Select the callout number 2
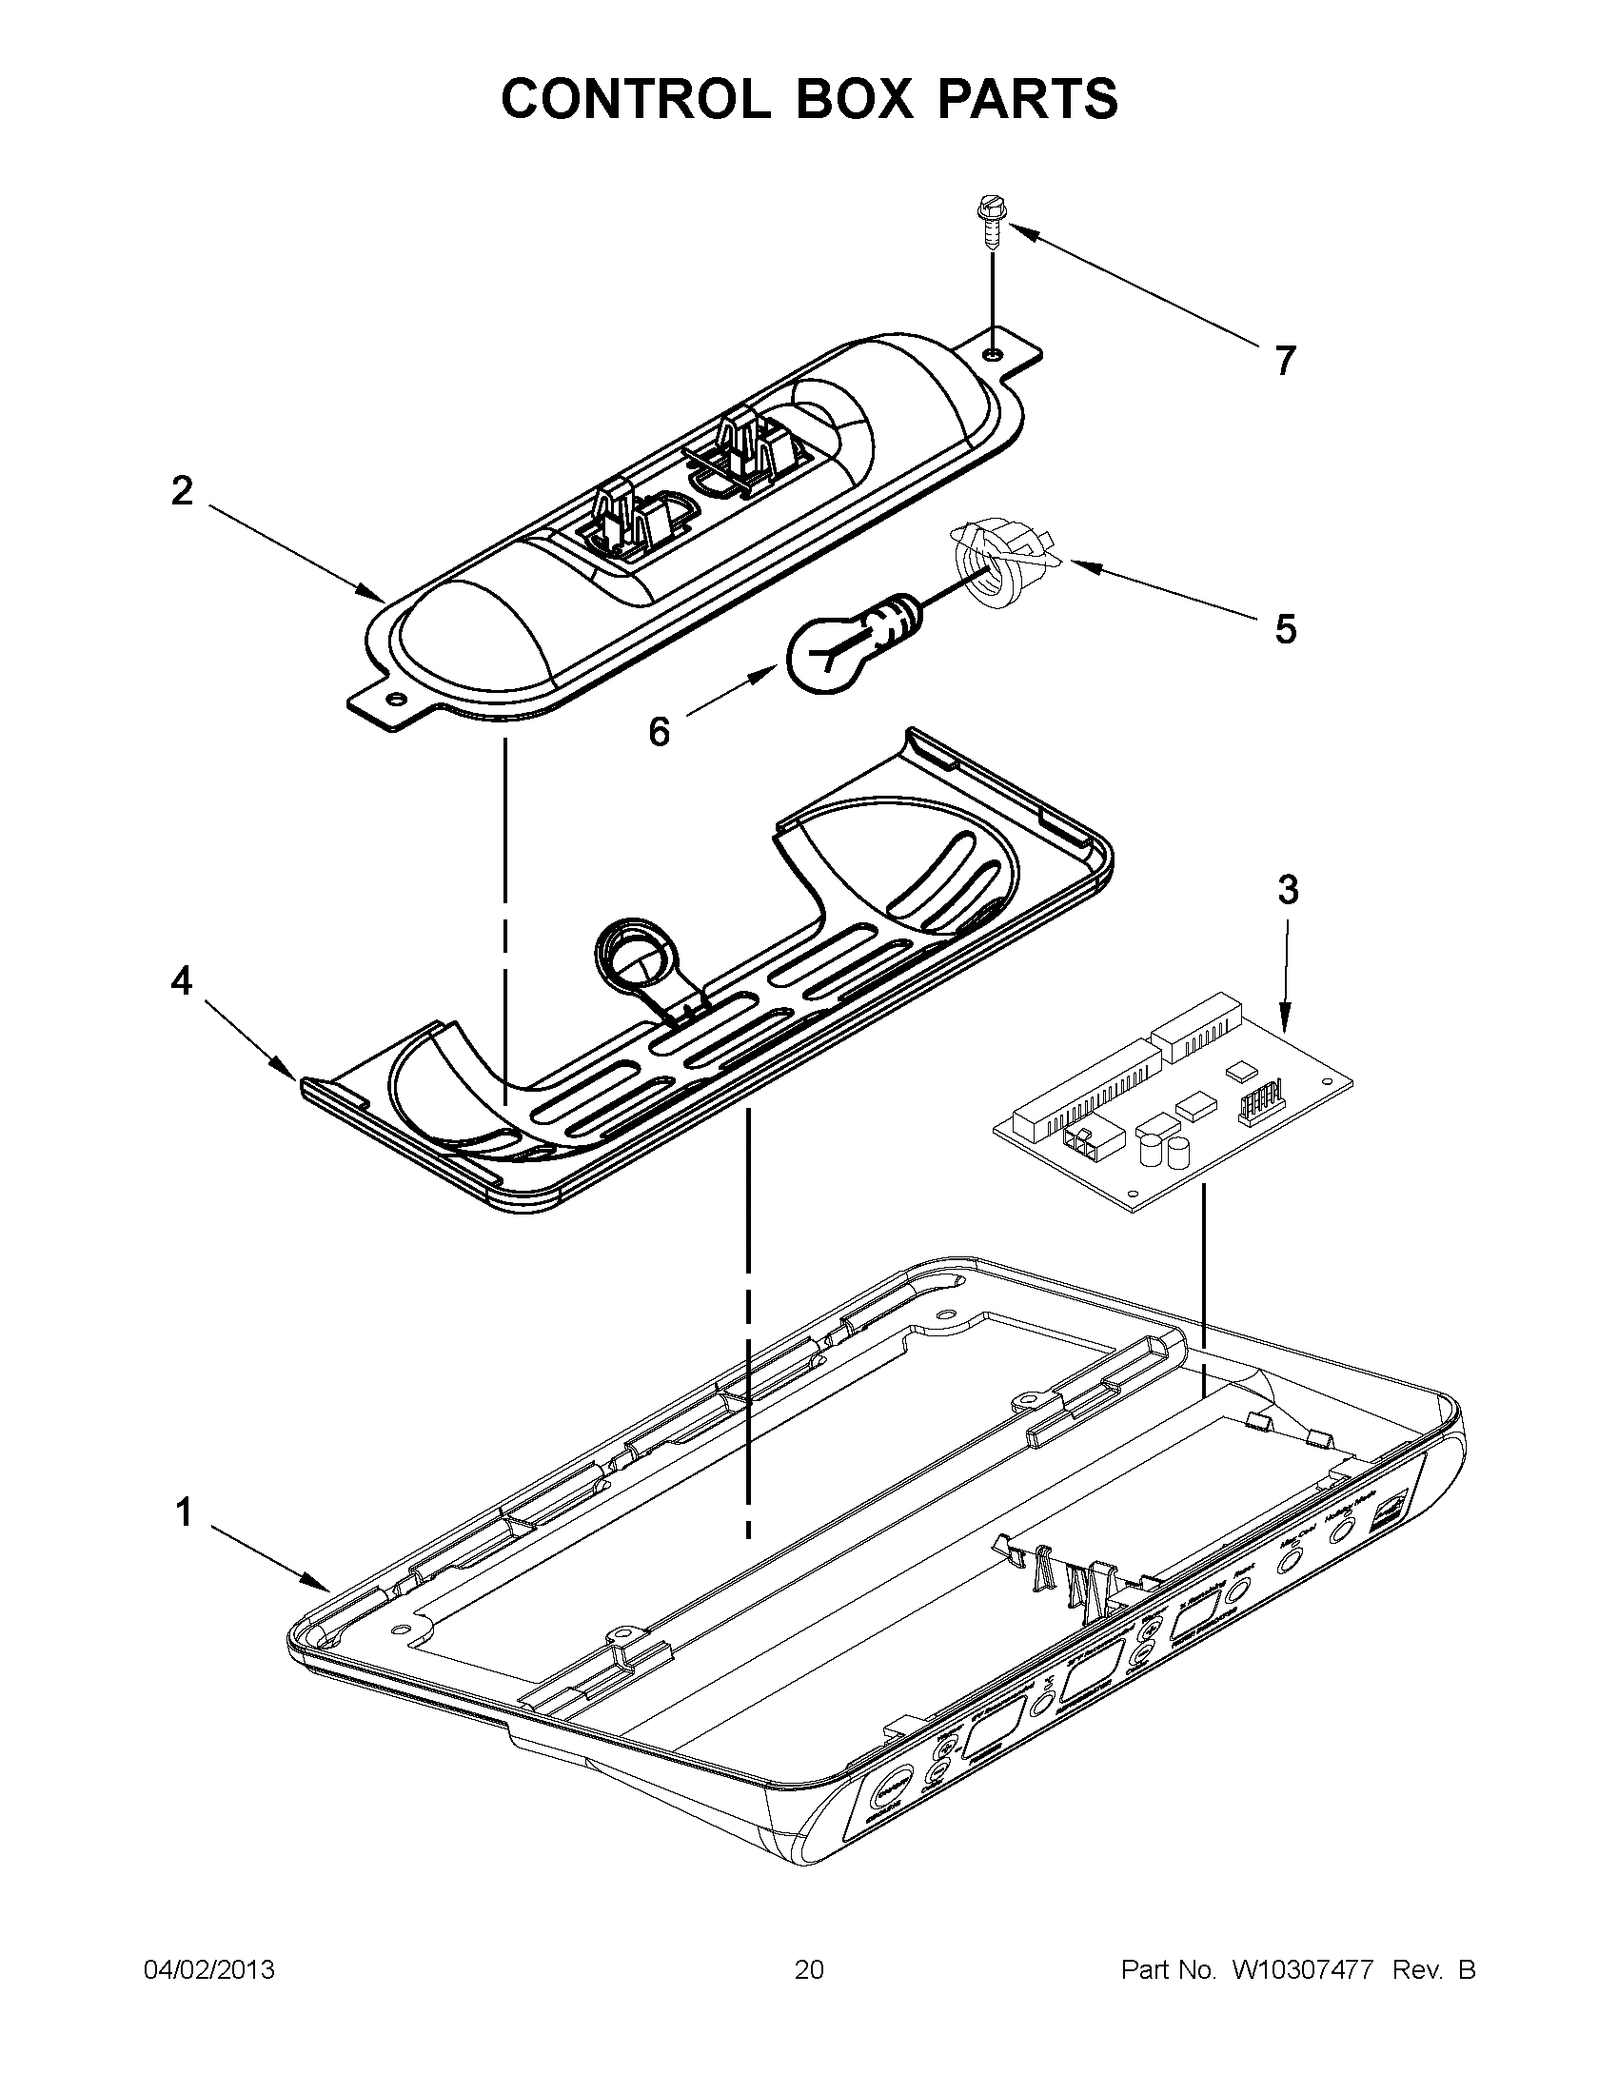click(x=182, y=492)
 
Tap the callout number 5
click(x=1285, y=630)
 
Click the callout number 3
click(x=1288, y=890)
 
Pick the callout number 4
click(x=182, y=979)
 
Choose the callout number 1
click(x=182, y=1513)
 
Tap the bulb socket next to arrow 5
click(x=997, y=570)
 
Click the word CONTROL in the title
click(x=634, y=98)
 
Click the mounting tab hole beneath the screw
click(x=993, y=355)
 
